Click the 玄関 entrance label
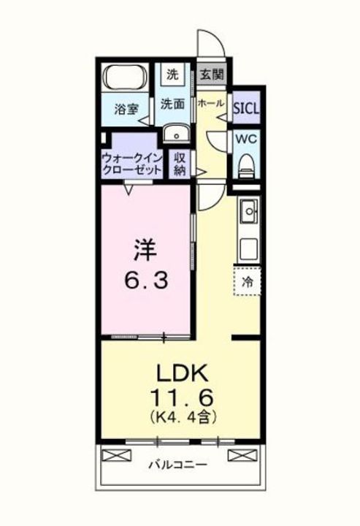pyautogui.click(x=212, y=74)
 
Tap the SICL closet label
pyautogui.click(x=246, y=108)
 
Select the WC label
pyautogui.click(x=246, y=139)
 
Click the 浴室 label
pyautogui.click(x=126, y=110)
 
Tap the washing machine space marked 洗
pyautogui.click(x=172, y=73)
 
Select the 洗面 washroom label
pyautogui.click(x=172, y=104)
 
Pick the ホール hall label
pyautogui.click(x=210, y=103)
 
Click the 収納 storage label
pyautogui.click(x=180, y=165)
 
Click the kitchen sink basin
pyautogui.click(x=249, y=211)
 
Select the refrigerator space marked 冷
pyautogui.click(x=248, y=281)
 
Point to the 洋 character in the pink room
pyautogui.click(x=145, y=251)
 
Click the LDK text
pyautogui.click(x=183, y=373)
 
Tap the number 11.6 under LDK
pyautogui.click(x=183, y=398)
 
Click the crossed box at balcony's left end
pyautogui.click(x=116, y=455)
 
